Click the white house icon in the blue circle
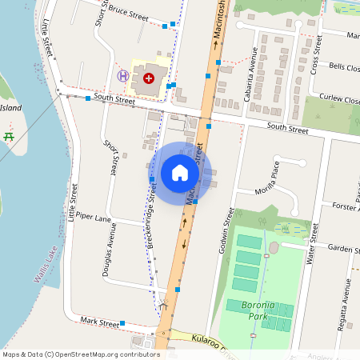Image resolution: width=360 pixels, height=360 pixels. (x=180, y=173)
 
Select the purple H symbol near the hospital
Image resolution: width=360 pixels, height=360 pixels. (x=123, y=76)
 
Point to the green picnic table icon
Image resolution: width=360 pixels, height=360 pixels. (x=9, y=137)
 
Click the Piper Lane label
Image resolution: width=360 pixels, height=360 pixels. (x=91, y=218)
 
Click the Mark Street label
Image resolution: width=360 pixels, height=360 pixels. (x=99, y=321)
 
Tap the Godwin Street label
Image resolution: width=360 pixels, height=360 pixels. (x=226, y=232)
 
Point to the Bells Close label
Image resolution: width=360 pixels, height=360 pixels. (x=344, y=66)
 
